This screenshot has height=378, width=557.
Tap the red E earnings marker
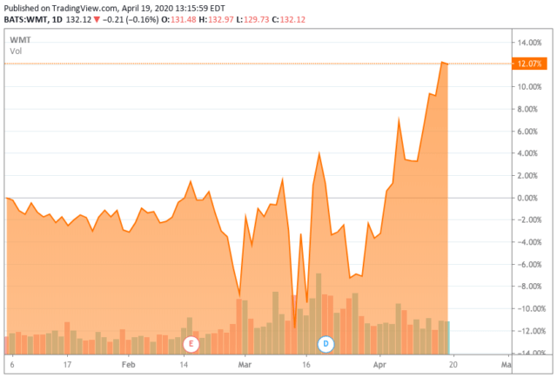(191, 343)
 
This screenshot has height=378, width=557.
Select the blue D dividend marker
(326, 343)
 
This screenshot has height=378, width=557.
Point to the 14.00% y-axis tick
(530, 43)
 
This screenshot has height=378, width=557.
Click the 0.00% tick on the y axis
(529, 198)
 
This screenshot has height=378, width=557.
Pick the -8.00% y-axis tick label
(529, 287)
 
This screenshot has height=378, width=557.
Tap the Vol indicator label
(16, 52)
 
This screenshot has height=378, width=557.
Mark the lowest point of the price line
(295, 327)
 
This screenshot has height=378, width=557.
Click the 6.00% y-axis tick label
(529, 132)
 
